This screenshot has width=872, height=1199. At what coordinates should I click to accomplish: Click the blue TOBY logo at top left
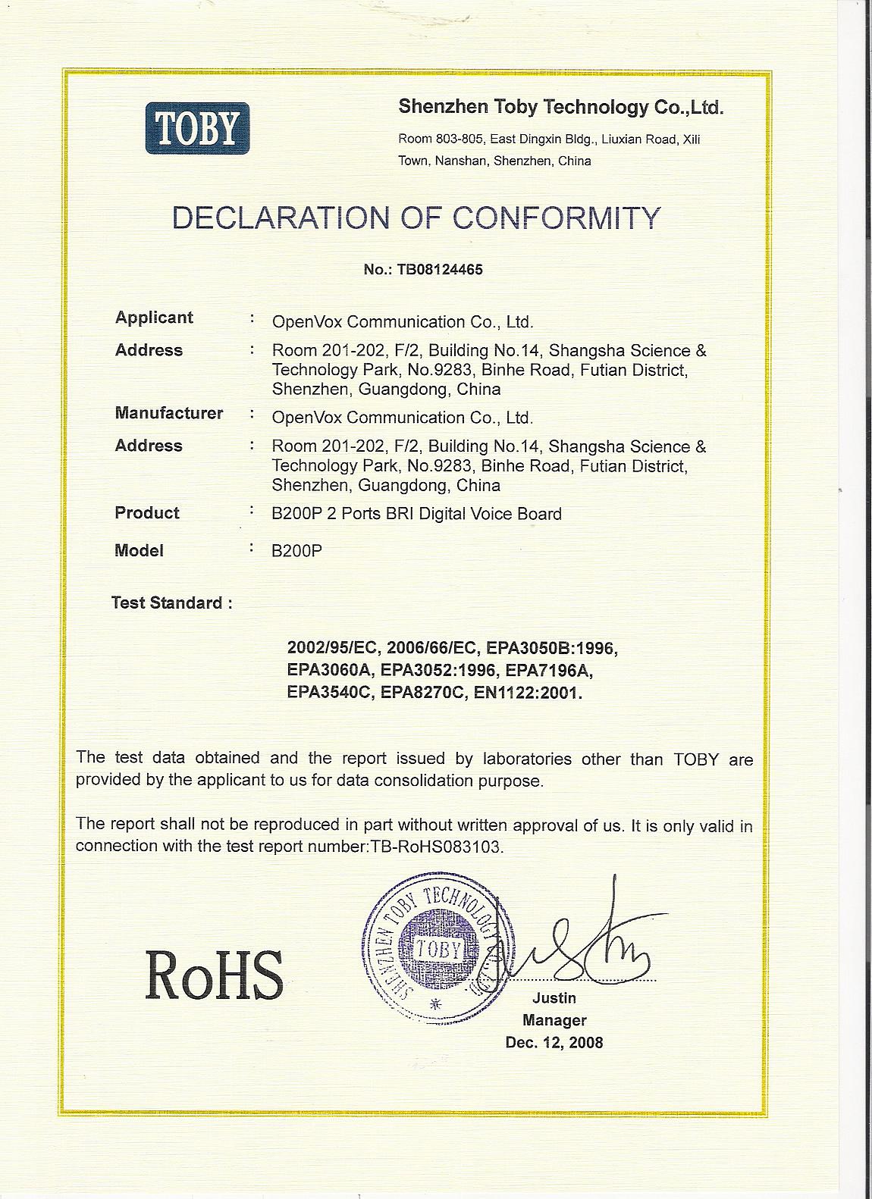pos(197,128)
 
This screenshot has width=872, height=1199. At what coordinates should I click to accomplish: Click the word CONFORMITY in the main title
pos(557,218)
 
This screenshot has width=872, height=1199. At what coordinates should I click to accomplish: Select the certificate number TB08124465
pos(434,269)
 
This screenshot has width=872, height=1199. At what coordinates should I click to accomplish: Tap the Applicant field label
pos(154,318)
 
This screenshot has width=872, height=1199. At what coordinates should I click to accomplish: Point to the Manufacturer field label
pos(168,413)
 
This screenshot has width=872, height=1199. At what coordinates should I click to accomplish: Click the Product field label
pos(147,513)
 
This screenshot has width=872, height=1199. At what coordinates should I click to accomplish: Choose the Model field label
pos(139,551)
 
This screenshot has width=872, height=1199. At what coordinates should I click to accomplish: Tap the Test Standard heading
pos(171,603)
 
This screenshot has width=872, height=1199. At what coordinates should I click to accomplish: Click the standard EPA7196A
pos(548,671)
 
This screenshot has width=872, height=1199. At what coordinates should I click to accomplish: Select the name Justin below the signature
pos(554,998)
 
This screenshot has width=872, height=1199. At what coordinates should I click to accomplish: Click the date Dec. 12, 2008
pos(554,1043)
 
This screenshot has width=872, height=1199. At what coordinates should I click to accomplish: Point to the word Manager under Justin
pos(554,1020)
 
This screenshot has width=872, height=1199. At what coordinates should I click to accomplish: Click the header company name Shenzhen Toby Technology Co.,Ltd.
pos(561,108)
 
